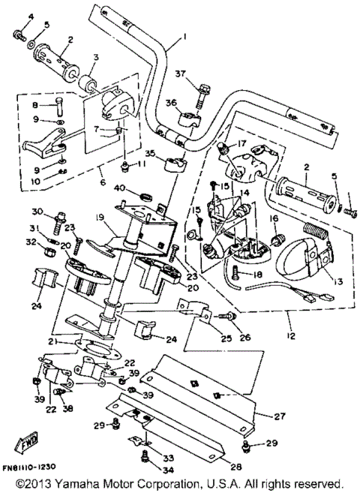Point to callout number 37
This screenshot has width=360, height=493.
pos(179,74)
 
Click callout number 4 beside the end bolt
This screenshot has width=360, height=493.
pos(21,17)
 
